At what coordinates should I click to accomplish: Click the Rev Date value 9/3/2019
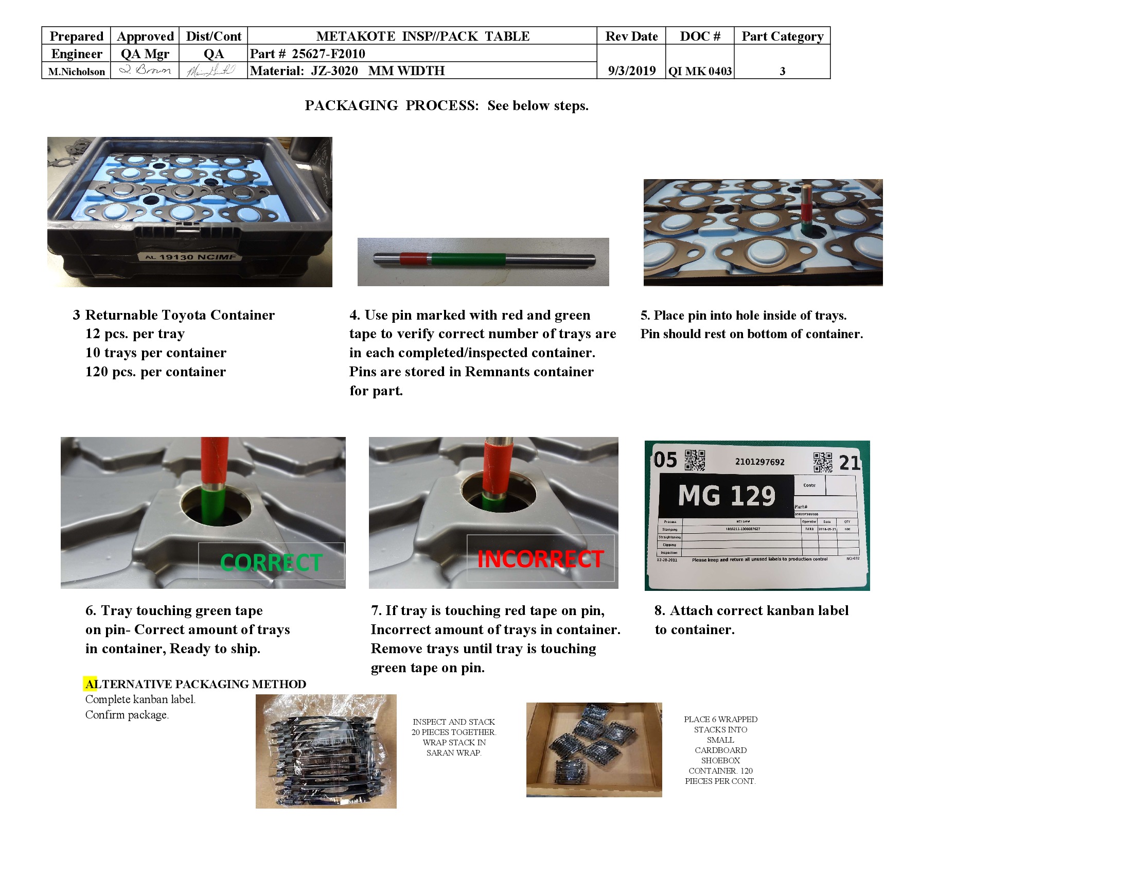[631, 71]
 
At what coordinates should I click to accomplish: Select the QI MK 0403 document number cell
[700, 71]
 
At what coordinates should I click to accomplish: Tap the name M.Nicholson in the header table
[76, 72]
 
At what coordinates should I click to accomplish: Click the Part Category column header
[782, 36]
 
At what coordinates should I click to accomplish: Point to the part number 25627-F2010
[328, 54]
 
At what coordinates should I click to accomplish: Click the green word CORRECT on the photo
[271, 563]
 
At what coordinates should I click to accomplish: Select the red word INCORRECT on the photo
[540, 559]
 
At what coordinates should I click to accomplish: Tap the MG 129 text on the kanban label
[726, 496]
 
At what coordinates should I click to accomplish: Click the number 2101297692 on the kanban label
[759, 462]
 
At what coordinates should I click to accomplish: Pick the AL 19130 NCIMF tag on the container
[190, 257]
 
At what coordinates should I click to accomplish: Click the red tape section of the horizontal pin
[414, 258]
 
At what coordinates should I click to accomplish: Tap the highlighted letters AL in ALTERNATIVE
[91, 684]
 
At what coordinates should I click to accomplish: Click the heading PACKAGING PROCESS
[392, 106]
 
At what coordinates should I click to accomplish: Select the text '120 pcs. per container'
[155, 372]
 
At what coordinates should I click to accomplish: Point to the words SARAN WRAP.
[453, 752]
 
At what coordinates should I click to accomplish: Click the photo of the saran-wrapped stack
[326, 751]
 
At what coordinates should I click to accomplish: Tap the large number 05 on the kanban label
[665, 460]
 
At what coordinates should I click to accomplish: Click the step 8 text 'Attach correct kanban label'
[752, 610]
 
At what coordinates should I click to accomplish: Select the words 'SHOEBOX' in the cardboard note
[720, 760]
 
